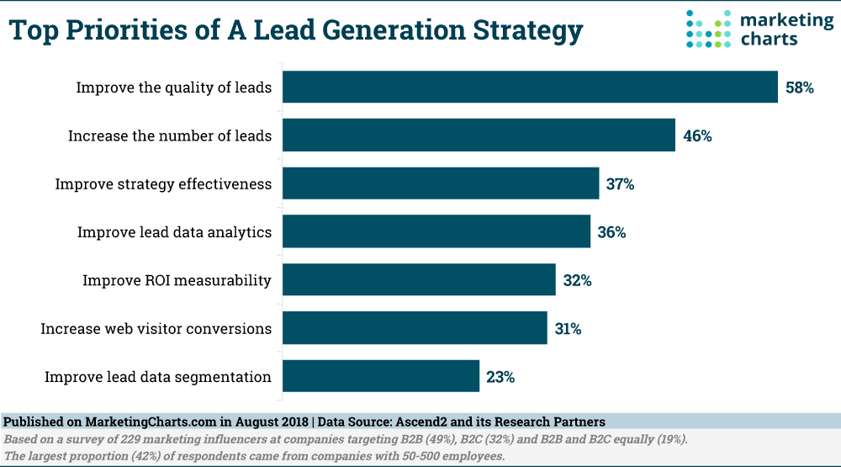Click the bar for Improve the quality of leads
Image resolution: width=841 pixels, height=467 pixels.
pos(530,87)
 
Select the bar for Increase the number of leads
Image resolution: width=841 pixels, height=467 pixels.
pos(479,135)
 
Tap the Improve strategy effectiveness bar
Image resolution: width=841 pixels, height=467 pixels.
pos(441,183)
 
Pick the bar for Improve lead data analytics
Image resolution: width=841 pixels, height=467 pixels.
pos(436,231)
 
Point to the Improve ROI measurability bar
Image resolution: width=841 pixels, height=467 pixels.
pos(419,279)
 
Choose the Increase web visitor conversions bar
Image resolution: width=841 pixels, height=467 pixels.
pos(415,328)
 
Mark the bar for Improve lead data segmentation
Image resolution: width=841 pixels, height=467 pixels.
pos(381,376)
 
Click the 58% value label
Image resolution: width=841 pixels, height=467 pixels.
pos(800,88)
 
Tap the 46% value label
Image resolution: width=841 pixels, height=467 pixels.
pos(698,135)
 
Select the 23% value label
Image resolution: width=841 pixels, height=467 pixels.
pos(500,377)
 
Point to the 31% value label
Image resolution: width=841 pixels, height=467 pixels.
pos(569,329)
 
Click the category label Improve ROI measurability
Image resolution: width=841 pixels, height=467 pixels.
pos(177,280)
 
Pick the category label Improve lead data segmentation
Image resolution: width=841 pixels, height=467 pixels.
pos(158,377)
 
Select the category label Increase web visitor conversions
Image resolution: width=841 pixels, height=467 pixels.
pos(156,329)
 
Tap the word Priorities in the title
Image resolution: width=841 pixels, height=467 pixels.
pos(145,31)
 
